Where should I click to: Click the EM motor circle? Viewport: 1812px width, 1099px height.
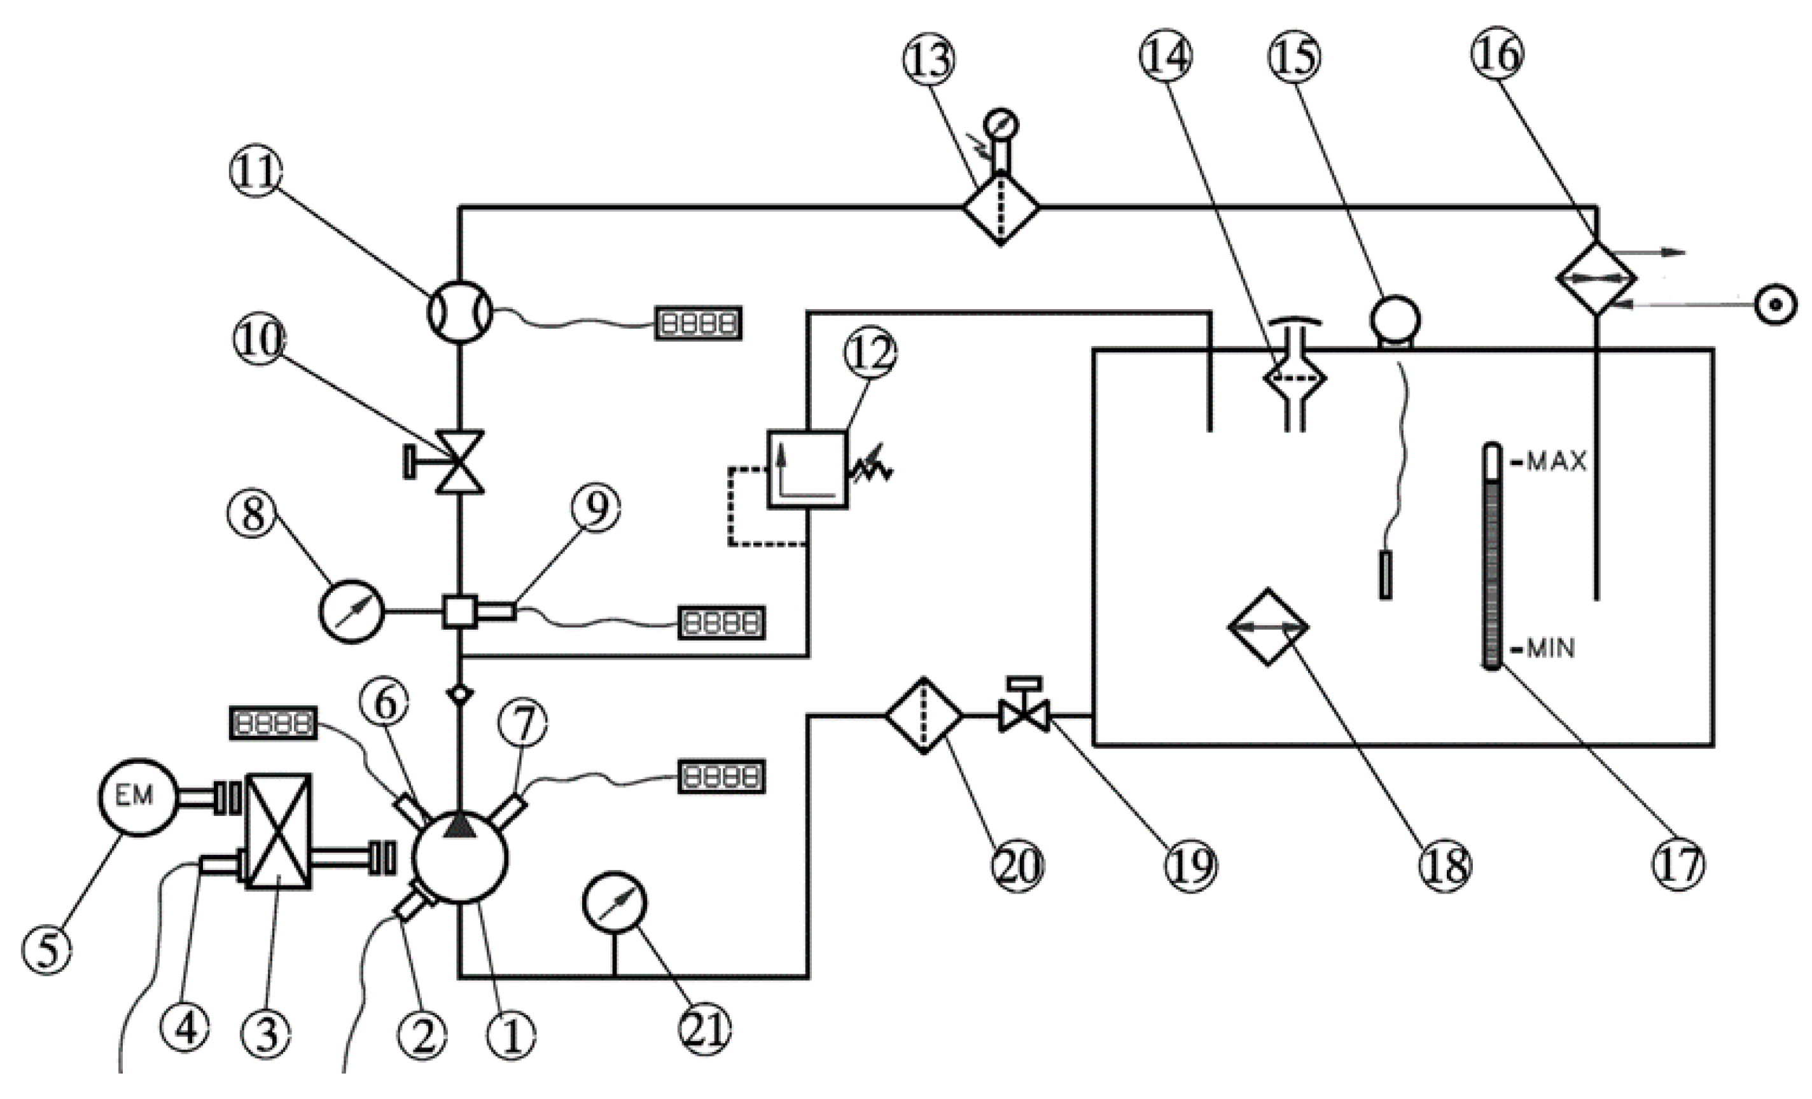(137, 796)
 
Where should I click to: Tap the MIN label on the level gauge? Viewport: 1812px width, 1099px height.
(1551, 648)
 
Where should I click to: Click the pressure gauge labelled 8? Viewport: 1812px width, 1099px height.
(351, 612)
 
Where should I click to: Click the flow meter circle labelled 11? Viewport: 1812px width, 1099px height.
(459, 312)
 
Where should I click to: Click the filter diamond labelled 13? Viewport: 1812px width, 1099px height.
(1001, 208)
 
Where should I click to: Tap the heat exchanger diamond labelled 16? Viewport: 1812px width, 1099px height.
(1596, 278)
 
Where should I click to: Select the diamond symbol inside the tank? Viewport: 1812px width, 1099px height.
(1268, 627)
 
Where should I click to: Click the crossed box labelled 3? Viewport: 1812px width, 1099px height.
(277, 831)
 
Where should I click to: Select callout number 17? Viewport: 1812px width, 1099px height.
(1678, 864)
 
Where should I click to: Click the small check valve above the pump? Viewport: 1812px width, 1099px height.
(459, 693)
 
